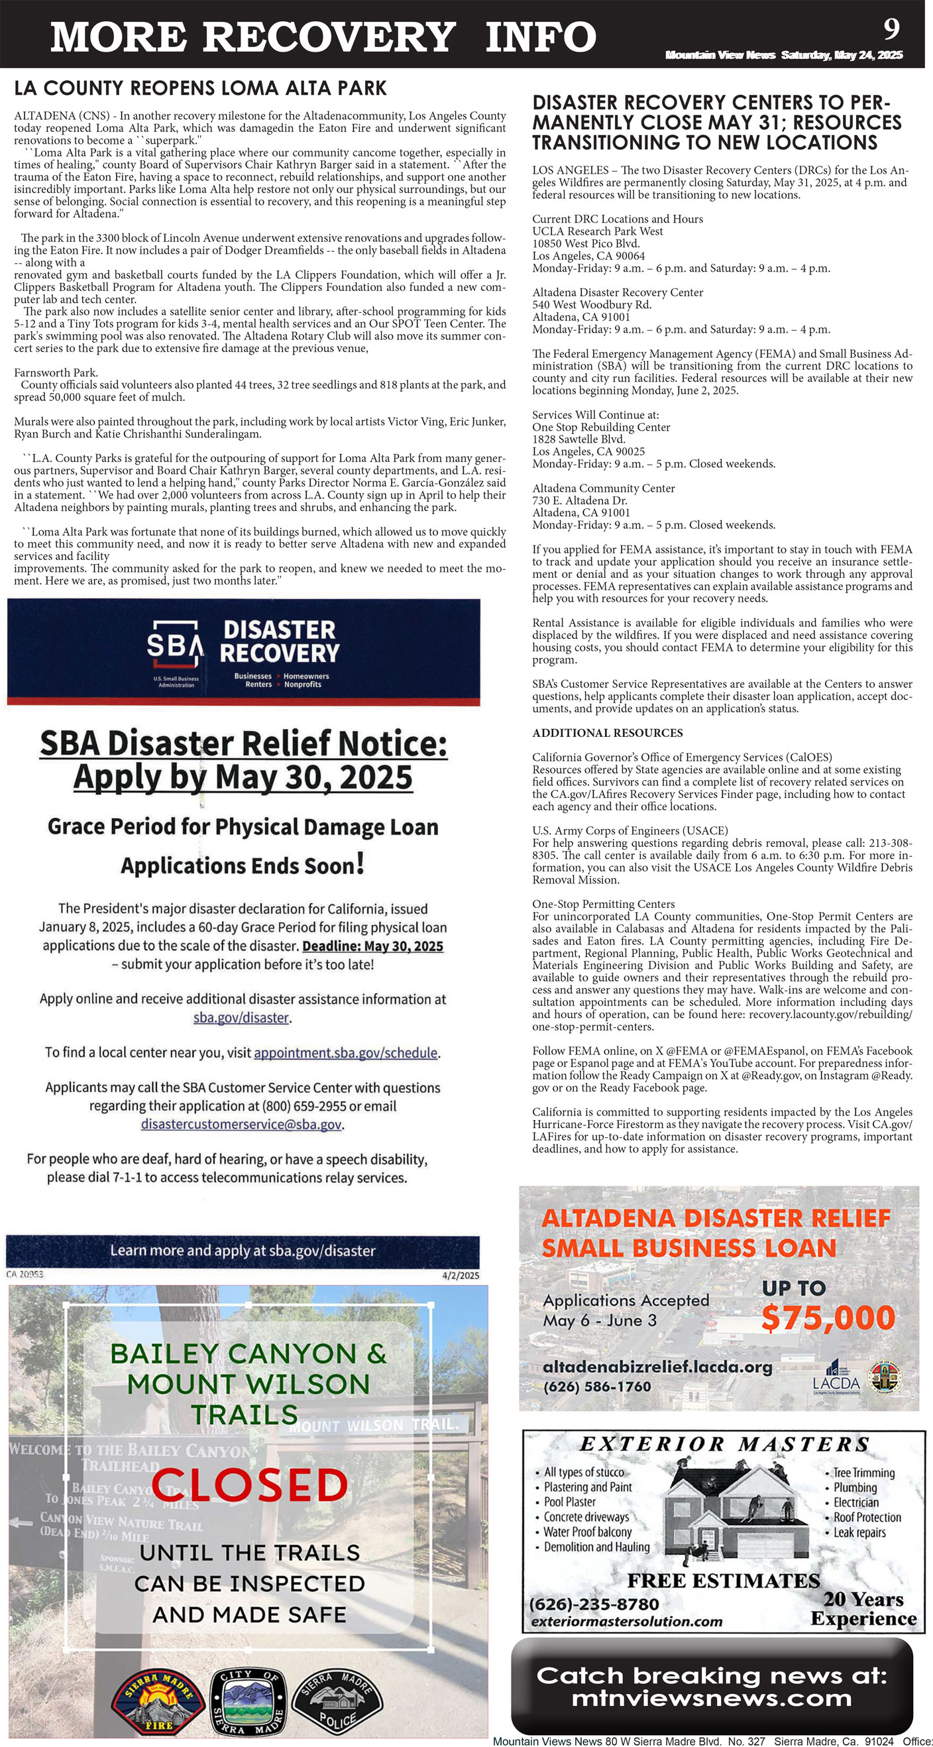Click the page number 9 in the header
[892, 28]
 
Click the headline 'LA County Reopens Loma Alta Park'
[200, 88]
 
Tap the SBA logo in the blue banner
[174, 644]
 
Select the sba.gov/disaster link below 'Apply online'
[242, 1017]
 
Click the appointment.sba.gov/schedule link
[346, 1052]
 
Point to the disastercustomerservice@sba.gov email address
[241, 1125]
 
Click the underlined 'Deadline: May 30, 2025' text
[373, 946]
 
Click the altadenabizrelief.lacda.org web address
[657, 1367]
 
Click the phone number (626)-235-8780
[594, 1605]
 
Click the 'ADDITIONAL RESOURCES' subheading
[608, 732]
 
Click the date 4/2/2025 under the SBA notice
[460, 1275]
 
